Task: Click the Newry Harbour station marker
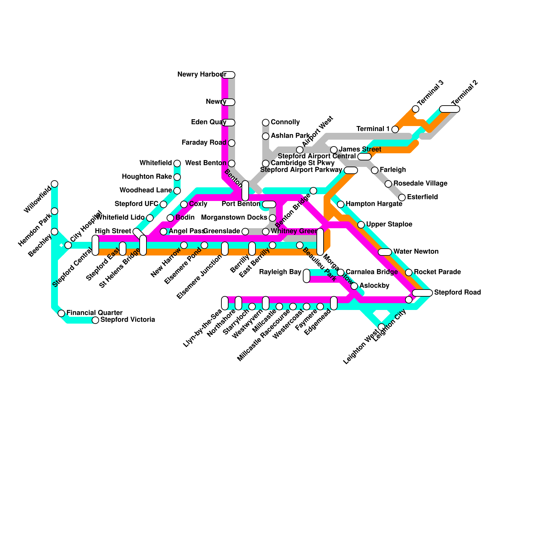pyautogui.click(x=229, y=75)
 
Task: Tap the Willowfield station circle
pyautogui.click(x=54, y=184)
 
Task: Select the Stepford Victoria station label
pyautogui.click(x=128, y=320)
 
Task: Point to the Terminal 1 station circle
pyautogui.click(x=395, y=129)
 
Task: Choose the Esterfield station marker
pyautogui.click(x=402, y=198)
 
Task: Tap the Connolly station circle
pyautogui.click(x=266, y=123)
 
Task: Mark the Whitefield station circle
pyautogui.click(x=177, y=163)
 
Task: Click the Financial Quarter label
pyautogui.click(x=94, y=313)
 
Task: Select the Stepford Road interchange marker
pyautogui.click(x=422, y=293)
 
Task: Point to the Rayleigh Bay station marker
pyautogui.click(x=307, y=276)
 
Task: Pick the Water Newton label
pyautogui.click(x=416, y=252)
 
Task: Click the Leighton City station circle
pyautogui.click(x=409, y=300)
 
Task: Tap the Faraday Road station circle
pyautogui.click(x=232, y=143)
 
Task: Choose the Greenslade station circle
pyautogui.click(x=245, y=232)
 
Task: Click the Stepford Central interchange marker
pyautogui.click(x=95, y=245)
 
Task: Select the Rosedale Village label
pyautogui.click(x=420, y=184)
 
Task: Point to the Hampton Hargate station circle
pyautogui.click(x=341, y=204)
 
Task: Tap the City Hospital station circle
pyautogui.click(x=68, y=245)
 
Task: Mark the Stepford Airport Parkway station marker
pyautogui.click(x=351, y=170)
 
